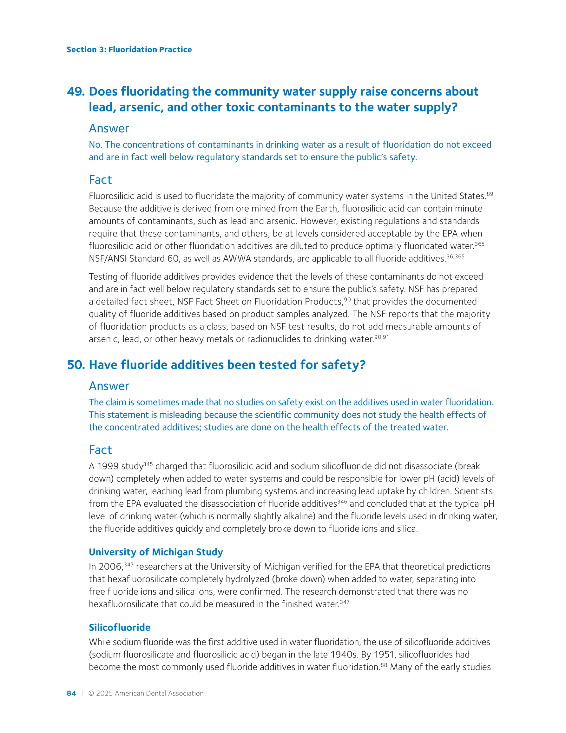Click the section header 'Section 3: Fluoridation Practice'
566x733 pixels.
click(x=129, y=50)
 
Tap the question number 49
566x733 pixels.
click(x=76, y=92)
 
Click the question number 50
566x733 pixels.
click(x=76, y=365)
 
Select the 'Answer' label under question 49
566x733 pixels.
click(x=109, y=129)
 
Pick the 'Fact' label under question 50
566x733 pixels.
click(x=100, y=450)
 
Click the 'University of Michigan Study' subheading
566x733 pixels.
click(x=156, y=552)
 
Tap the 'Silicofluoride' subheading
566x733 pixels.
click(x=119, y=627)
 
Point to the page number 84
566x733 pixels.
click(x=71, y=693)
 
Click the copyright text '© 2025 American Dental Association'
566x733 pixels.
click(x=146, y=693)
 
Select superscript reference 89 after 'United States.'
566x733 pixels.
click(x=490, y=194)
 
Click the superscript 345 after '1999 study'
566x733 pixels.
click(x=148, y=464)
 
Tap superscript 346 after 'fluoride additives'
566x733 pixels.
click(x=342, y=502)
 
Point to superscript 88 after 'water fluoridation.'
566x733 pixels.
click(x=384, y=664)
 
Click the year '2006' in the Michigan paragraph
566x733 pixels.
click(x=110, y=567)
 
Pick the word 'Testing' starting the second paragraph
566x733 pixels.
click(x=103, y=277)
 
